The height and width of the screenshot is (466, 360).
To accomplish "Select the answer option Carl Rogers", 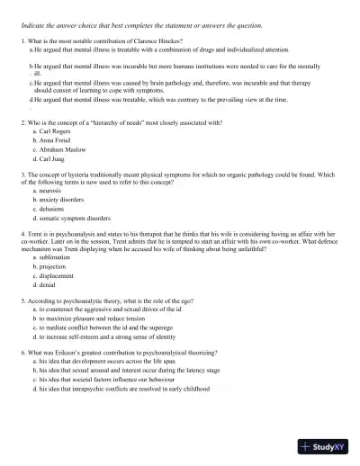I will click(x=52, y=131).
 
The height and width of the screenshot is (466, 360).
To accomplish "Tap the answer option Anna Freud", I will click(x=52, y=140).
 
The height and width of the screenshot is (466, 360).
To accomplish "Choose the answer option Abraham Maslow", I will click(x=58, y=149).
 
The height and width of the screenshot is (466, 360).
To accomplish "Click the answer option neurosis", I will click(x=49, y=192).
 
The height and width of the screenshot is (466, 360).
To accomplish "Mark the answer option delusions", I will click(x=50, y=209).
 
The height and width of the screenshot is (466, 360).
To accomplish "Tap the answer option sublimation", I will click(x=54, y=258).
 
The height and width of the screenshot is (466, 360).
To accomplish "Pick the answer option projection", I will click(x=52, y=267).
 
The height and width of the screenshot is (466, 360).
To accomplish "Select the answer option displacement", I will click(x=56, y=275).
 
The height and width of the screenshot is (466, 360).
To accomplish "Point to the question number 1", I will click(x=22, y=42).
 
